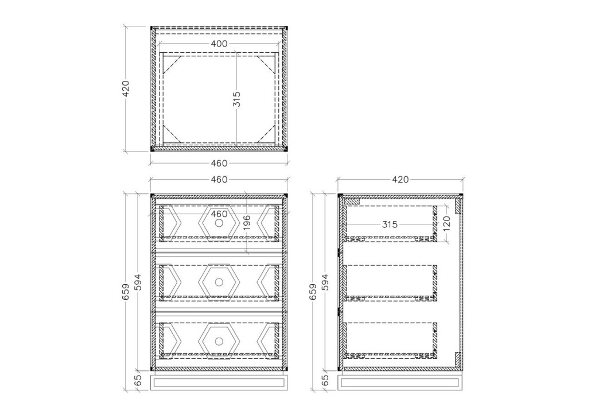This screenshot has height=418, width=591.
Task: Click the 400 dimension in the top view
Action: pyautogui.click(x=219, y=44)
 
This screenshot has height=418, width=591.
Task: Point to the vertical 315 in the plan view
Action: pyautogui.click(x=237, y=99)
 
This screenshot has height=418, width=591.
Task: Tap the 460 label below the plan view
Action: pyautogui.click(x=219, y=163)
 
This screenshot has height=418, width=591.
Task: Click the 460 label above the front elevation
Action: pyautogui.click(x=219, y=180)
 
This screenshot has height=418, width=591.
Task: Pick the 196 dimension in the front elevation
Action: pyautogui.click(x=247, y=223)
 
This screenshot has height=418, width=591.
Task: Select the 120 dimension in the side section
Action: pyautogui.click(x=446, y=224)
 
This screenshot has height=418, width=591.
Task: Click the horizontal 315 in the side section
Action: pyautogui.click(x=390, y=225)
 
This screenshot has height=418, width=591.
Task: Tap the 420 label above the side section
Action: pyautogui.click(x=401, y=180)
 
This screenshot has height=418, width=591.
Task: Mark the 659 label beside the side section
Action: pyautogui.click(x=313, y=292)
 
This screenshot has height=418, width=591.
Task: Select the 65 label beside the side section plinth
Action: pyautogui.click(x=325, y=380)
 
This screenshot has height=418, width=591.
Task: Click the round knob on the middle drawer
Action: pyautogui.click(x=219, y=282)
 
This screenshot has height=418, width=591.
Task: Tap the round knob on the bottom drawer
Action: pyautogui.click(x=219, y=341)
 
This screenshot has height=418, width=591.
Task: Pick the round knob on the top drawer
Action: pyautogui.click(x=219, y=223)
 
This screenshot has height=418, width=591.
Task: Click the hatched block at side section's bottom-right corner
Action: pyautogui.click(x=458, y=359)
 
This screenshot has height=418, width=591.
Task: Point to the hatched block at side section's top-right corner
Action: pyautogui.click(x=458, y=205)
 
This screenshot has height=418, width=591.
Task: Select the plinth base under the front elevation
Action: pyautogui.click(x=219, y=382)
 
